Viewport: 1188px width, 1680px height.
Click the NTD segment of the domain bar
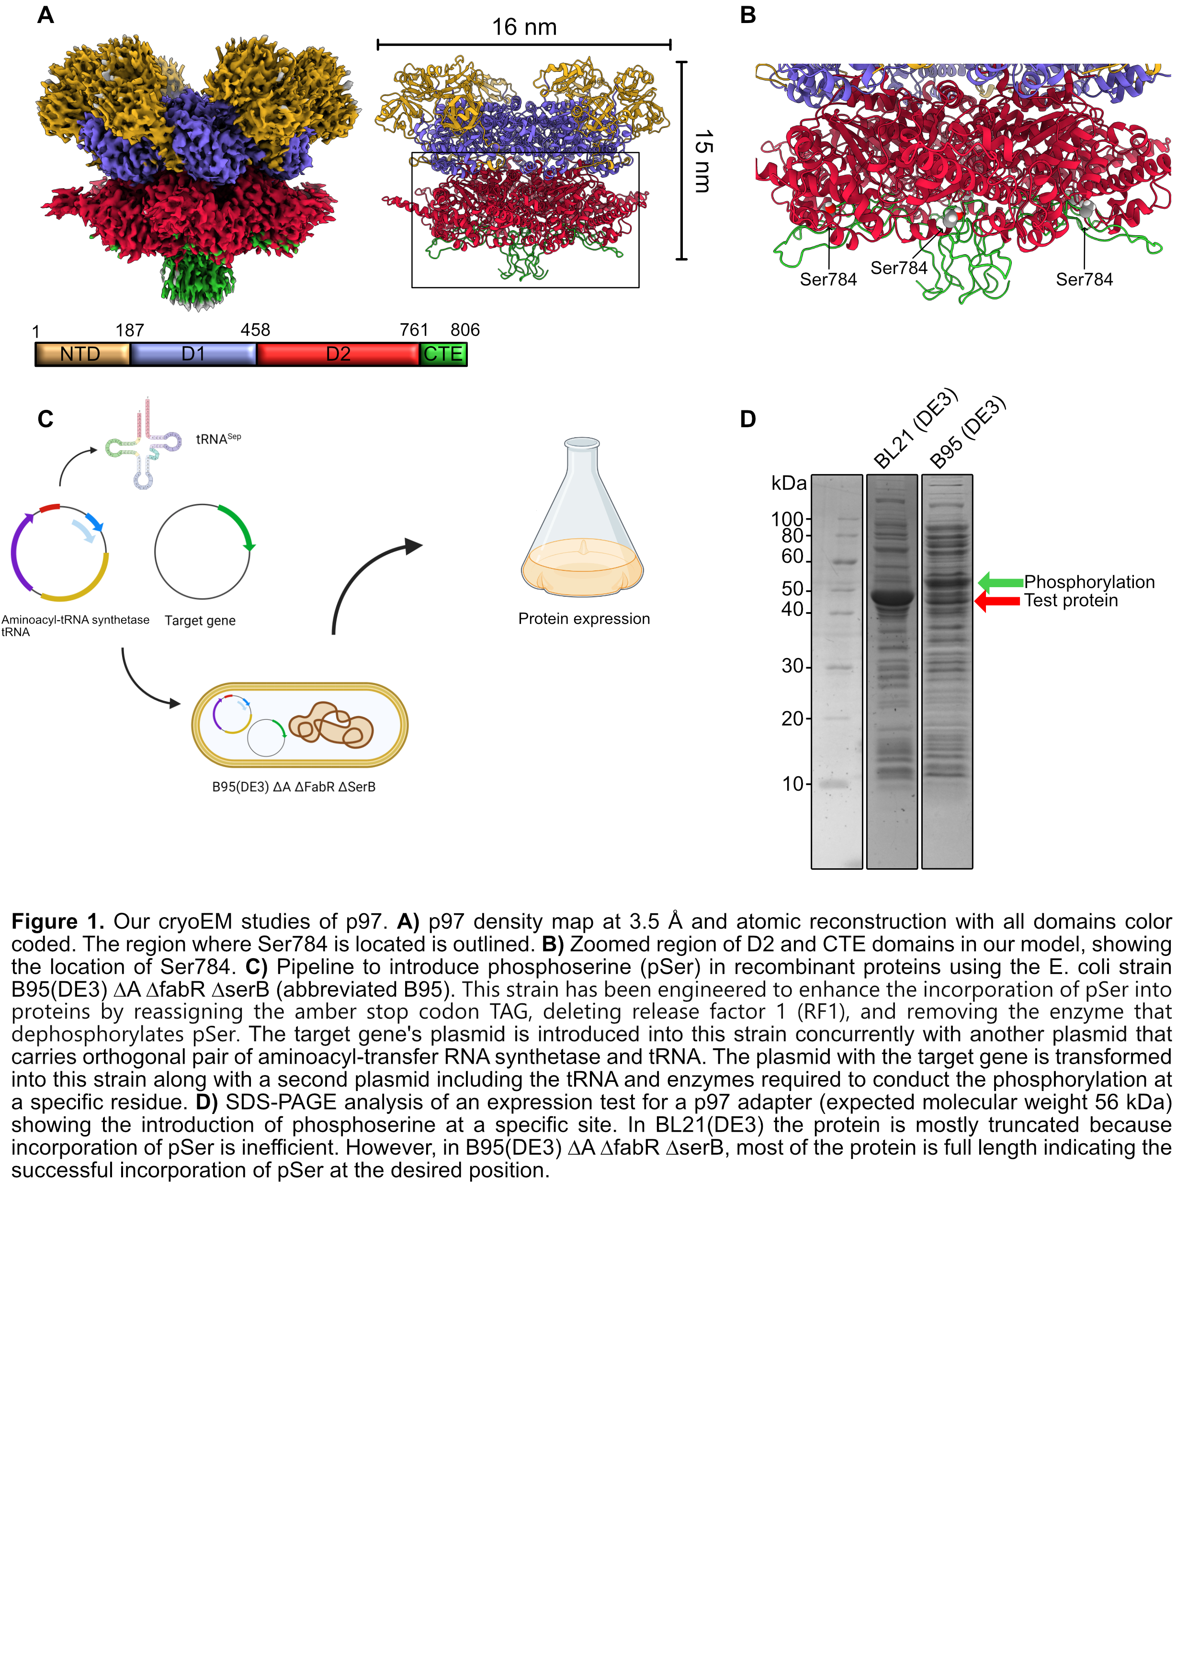pos(82,354)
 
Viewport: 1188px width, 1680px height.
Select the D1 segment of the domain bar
pos(193,354)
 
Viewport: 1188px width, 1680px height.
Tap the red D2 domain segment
pos(338,354)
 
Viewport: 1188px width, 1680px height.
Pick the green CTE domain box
pos(443,354)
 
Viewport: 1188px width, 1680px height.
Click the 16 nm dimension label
pos(524,27)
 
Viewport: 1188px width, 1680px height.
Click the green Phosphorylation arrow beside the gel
pos(1000,582)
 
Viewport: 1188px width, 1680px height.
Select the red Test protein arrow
pos(997,602)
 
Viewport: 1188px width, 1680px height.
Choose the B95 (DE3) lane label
pos(968,431)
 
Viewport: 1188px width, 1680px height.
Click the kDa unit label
pos(789,483)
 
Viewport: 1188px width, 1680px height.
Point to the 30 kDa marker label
pos(792,666)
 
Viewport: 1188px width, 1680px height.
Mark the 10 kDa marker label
pos(793,783)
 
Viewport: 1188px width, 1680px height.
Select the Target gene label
pos(200,621)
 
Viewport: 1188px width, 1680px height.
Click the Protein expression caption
pos(584,619)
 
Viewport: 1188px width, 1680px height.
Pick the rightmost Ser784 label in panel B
pos(1084,280)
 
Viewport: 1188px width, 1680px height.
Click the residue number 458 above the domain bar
pos(255,330)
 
